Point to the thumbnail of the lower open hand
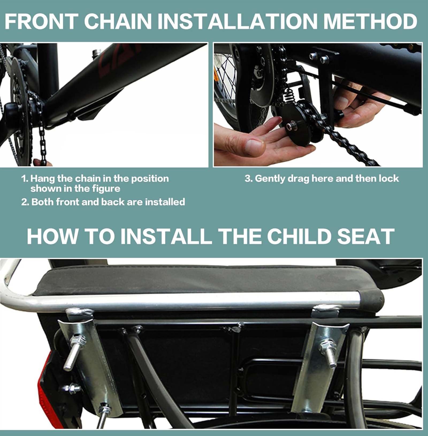254,146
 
